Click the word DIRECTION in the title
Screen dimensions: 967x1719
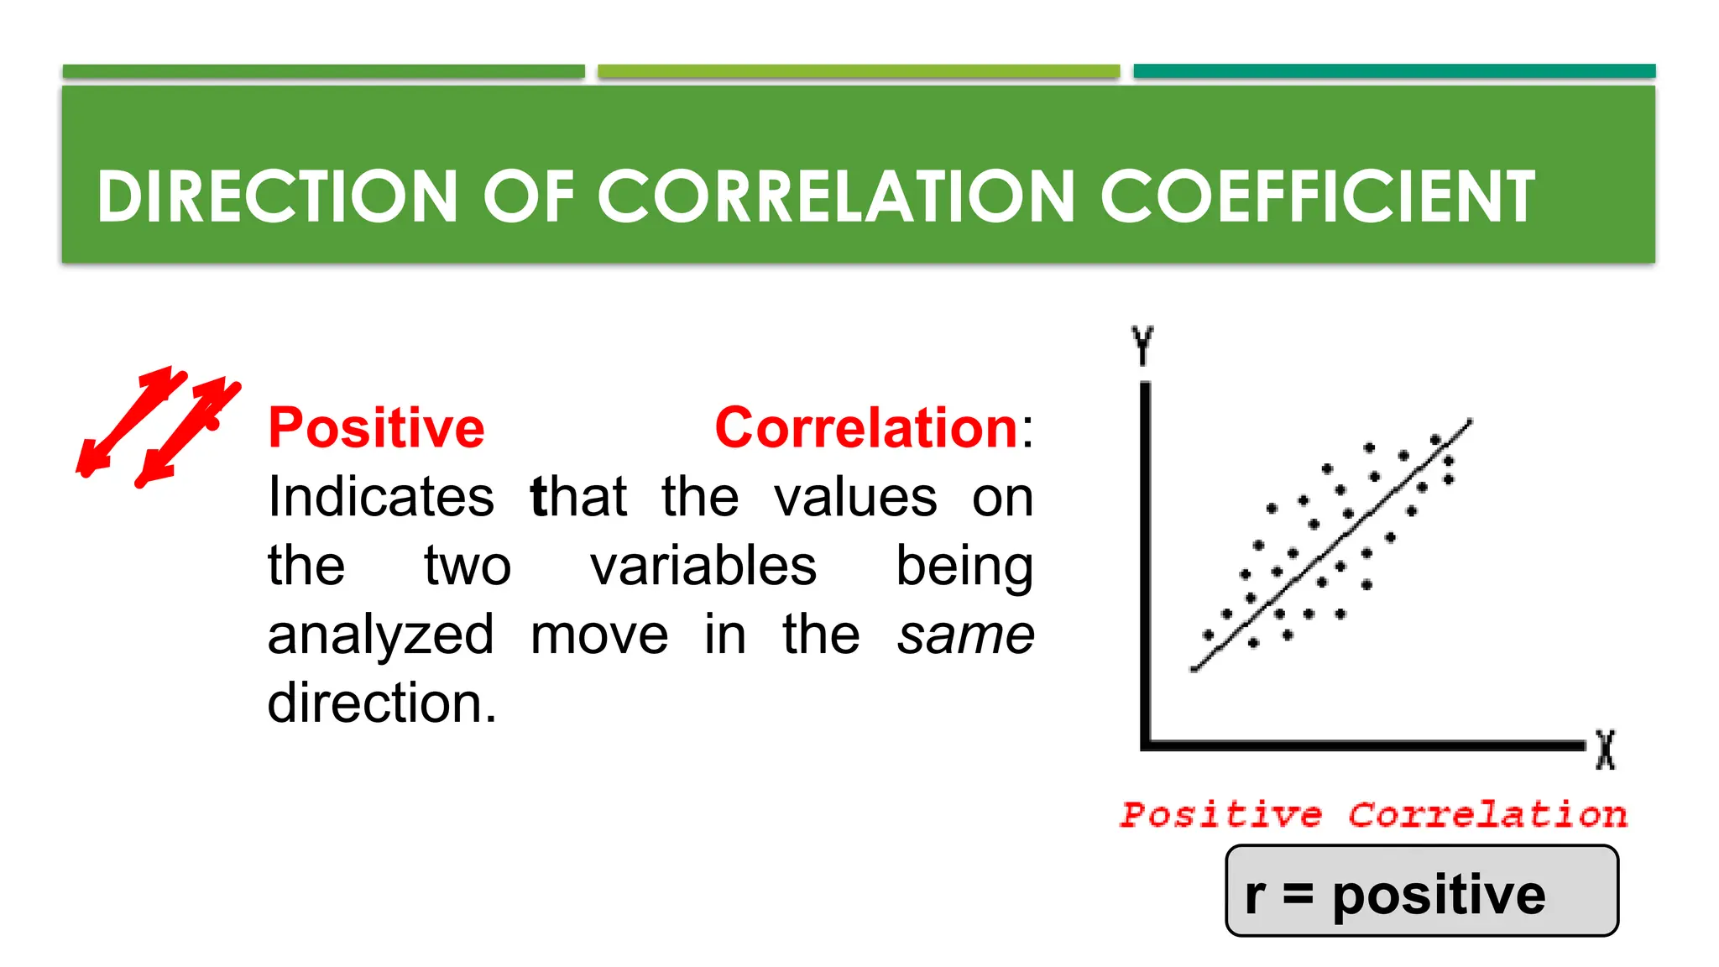point(277,196)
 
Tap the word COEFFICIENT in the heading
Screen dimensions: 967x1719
point(1317,196)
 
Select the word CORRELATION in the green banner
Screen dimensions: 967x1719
point(835,196)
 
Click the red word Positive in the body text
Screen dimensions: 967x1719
point(376,428)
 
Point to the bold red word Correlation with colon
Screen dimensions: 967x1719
point(873,428)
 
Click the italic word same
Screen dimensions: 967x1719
point(965,635)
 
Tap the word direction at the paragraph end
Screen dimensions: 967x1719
point(382,703)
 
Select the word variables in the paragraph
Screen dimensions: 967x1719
point(703,566)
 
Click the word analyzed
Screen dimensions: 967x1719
point(380,635)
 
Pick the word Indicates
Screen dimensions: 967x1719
point(380,497)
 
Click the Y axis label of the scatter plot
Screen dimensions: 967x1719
point(1142,345)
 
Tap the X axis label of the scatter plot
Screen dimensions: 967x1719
point(1605,749)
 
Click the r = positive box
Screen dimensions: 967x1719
point(1421,891)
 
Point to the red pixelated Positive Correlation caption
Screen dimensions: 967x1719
point(1373,814)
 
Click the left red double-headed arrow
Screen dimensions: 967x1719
point(131,421)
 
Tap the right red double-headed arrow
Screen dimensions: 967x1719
point(189,432)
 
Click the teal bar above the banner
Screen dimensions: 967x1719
point(1393,71)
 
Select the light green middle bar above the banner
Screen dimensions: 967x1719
point(858,71)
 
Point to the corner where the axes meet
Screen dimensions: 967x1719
point(1146,745)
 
